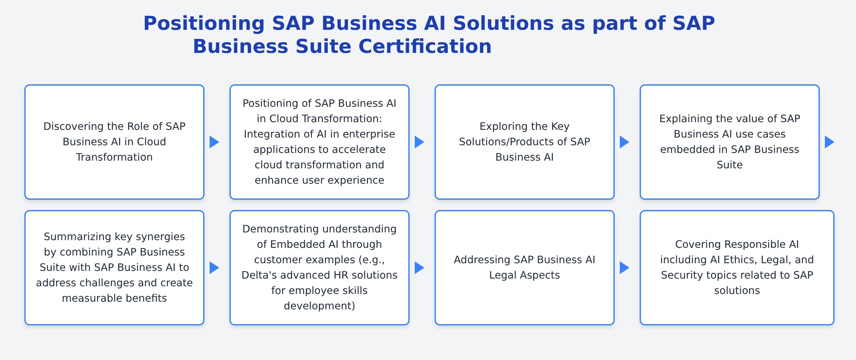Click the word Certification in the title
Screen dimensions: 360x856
(425, 46)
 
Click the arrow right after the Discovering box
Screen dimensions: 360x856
(214, 142)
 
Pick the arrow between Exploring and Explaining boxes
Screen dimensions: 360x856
(624, 142)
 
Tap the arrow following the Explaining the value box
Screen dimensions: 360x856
(829, 142)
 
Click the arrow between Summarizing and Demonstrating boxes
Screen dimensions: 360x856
(214, 268)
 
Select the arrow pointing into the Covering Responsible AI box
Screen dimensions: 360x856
(624, 268)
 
